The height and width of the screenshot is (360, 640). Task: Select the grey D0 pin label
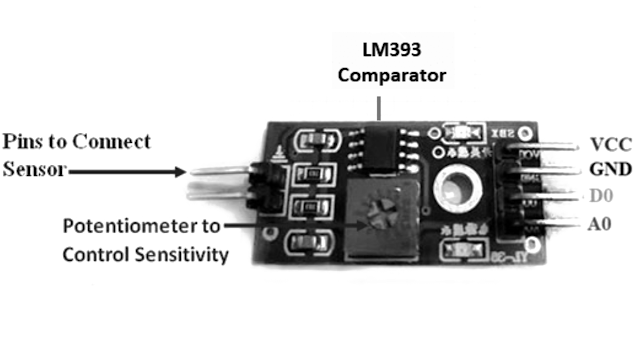coord(606,195)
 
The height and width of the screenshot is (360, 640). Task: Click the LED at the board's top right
coord(462,133)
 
